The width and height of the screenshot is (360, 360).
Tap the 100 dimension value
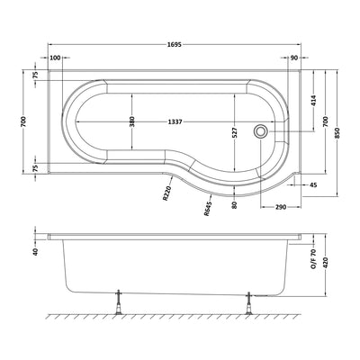56,58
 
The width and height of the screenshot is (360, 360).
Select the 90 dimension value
294,58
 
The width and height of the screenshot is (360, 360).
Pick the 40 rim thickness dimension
36,251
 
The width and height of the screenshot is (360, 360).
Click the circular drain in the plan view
261,130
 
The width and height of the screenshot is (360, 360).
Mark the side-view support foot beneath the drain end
249,307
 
